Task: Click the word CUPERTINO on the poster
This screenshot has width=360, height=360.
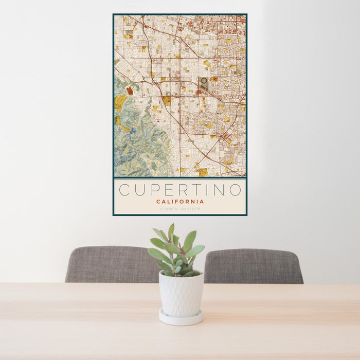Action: coord(180,190)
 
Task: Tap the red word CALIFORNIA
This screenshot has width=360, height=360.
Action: coord(180,202)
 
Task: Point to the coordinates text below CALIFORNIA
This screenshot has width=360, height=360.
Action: coord(180,209)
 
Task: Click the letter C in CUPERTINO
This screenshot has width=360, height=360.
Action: coord(124,190)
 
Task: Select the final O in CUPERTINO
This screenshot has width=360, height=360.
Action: coord(235,190)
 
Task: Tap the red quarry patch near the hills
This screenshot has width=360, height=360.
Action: coord(130,91)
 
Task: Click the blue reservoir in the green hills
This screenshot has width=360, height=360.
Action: coord(133,131)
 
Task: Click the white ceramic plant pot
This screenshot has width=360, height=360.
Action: coord(181,294)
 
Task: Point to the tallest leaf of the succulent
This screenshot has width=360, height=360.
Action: coord(171,231)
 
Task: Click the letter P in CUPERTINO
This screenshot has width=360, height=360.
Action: coord(154,190)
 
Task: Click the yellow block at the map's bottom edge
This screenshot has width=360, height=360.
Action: coord(203,172)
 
